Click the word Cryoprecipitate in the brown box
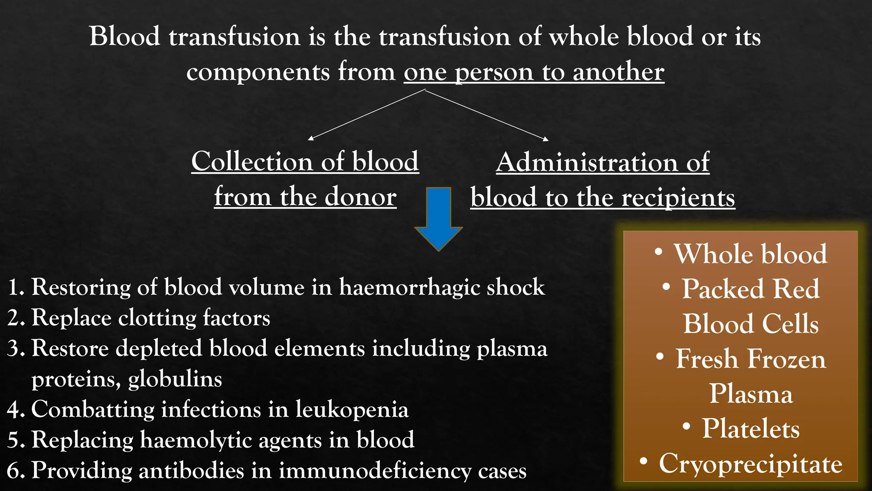[751, 464]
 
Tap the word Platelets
[751, 429]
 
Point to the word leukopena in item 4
[352, 410]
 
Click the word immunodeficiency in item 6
[375, 471]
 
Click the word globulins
[175, 379]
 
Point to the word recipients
[678, 198]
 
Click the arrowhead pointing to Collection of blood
[310, 139]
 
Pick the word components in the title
[258, 71]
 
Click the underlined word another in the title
[618, 72]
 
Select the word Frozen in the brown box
[787, 359]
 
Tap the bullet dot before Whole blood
[658, 252]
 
